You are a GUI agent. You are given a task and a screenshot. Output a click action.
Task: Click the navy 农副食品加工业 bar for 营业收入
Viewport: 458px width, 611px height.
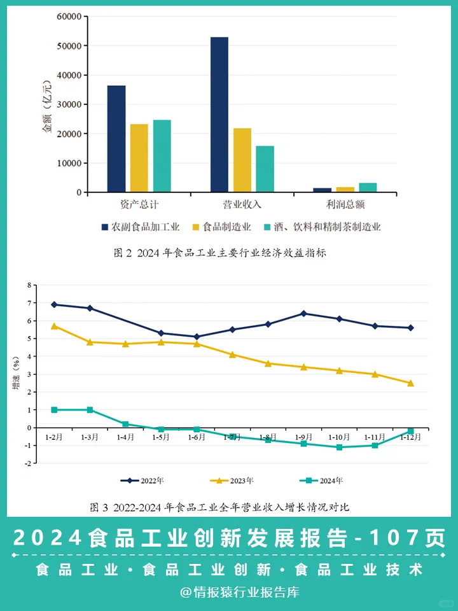click(219, 115)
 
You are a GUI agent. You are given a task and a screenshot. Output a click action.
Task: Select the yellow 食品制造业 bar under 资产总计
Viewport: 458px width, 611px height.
click(139, 158)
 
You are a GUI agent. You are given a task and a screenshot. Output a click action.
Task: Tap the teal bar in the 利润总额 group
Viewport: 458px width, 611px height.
click(368, 187)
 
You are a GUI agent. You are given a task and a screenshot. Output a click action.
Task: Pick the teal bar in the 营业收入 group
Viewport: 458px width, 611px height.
click(265, 169)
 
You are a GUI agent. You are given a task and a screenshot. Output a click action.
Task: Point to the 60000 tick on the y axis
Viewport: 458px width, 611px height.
click(69, 17)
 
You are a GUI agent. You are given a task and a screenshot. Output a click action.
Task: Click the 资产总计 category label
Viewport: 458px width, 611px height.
click(139, 205)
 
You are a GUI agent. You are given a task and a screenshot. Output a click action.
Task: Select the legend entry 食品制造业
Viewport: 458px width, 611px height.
click(225, 227)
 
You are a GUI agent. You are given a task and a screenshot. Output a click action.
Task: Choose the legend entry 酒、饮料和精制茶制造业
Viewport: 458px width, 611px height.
click(327, 227)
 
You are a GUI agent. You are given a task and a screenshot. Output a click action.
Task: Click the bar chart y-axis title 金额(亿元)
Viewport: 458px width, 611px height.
click(46, 105)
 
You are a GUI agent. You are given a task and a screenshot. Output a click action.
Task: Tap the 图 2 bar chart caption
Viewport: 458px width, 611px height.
click(219, 253)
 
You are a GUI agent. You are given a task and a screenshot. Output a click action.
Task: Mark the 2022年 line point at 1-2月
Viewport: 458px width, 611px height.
click(54, 305)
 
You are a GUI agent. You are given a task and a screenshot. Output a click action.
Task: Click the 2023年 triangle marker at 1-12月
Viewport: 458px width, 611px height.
click(410, 383)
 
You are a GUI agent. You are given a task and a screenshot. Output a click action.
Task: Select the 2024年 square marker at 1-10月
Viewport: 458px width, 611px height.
click(339, 447)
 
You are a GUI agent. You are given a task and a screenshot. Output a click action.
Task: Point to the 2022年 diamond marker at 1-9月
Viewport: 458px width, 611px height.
click(303, 313)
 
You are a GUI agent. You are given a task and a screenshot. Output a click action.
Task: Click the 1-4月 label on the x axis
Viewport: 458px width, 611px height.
click(125, 437)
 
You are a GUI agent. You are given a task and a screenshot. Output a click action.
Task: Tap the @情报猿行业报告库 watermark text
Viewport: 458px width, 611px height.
click(239, 593)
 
